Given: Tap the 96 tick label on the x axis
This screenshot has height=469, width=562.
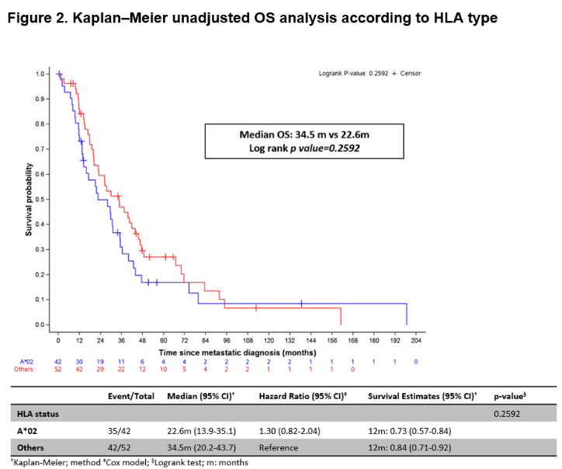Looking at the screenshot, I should tap(227, 340).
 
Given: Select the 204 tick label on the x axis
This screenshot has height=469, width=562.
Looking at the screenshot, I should tap(416, 340).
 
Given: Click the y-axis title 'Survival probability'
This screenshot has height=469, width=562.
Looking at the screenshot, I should tap(29, 200).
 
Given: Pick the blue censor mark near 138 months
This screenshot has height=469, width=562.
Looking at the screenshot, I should tap(301, 304).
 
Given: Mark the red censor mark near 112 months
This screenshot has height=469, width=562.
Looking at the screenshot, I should tap(256, 308).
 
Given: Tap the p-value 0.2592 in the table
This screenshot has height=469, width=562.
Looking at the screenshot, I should tap(508, 413).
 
